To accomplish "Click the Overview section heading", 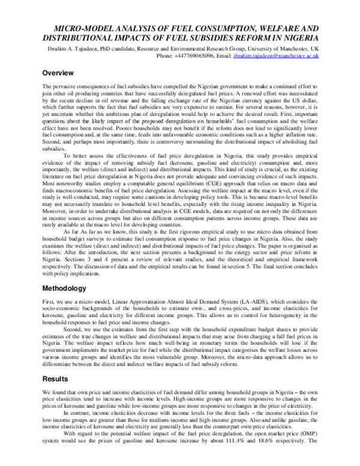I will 58,73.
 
